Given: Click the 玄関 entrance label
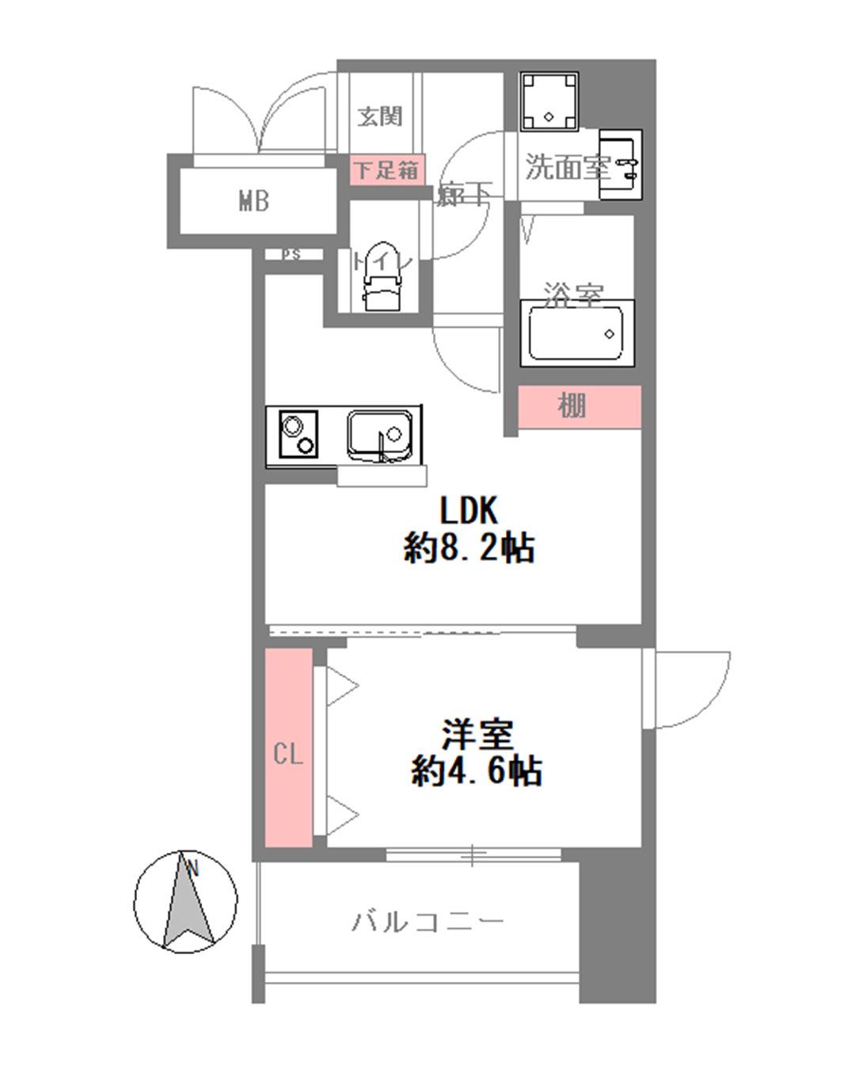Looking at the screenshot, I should click(x=380, y=116).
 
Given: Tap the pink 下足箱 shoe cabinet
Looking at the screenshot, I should click(x=386, y=169).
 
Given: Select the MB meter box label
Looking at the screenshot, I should click(x=254, y=202).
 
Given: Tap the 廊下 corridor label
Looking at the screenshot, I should click(x=464, y=194).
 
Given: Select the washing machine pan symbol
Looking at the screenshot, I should click(x=549, y=101).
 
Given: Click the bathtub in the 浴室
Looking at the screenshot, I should click(x=576, y=333).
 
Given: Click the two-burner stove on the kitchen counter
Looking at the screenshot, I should click(x=297, y=435).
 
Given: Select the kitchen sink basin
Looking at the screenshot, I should click(x=380, y=434).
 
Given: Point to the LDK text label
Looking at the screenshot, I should click(x=469, y=512).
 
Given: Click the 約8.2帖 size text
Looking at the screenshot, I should click(x=469, y=548).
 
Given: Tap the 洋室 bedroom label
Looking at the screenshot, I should click(x=477, y=734).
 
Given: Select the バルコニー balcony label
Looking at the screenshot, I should click(x=427, y=922).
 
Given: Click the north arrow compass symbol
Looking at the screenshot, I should click(x=185, y=902).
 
